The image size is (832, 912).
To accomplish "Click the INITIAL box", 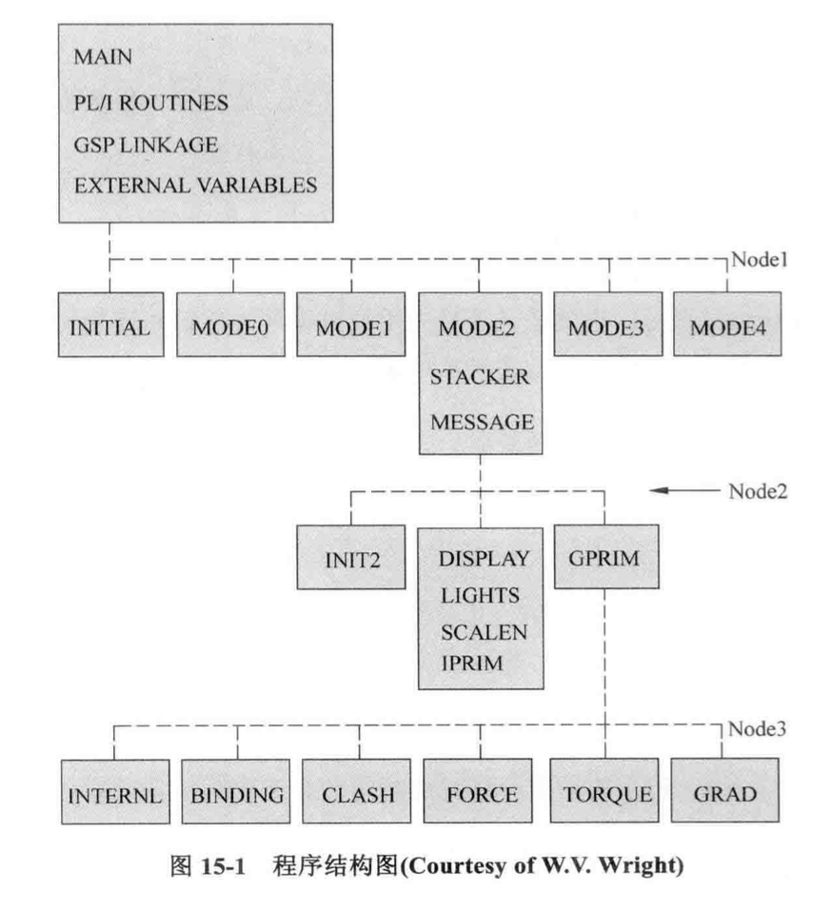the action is pos(110,325).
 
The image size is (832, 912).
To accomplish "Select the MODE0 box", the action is pos(230,325).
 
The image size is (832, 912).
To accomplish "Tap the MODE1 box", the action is pos(351,325).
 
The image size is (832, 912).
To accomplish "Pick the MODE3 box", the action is pos(608,324).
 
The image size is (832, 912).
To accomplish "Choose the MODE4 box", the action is pos(727,324).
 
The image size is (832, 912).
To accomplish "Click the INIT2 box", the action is pos(351,557).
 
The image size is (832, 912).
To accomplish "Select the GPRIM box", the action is pos(606,557).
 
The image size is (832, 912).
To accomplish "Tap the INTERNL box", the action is pos(116,792).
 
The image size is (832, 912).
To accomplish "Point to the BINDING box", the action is pos(236,792).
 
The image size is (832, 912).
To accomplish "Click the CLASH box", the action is pos(356,791).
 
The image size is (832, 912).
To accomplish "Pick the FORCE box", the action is pos(478,791).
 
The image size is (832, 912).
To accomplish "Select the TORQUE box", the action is pos(604,790).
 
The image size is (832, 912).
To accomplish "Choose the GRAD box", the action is pos(725,790).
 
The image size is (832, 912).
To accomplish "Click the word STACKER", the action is pos(480,377).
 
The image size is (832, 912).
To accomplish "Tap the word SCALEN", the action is pos(484,632).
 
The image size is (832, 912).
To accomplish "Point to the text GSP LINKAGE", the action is pos(146,145).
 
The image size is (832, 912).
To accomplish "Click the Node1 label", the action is pos(760,259).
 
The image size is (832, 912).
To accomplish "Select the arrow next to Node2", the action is pos(684,490).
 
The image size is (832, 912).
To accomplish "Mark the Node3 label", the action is pos(757,729).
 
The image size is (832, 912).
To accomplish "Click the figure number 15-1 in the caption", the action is pos(224,866).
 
